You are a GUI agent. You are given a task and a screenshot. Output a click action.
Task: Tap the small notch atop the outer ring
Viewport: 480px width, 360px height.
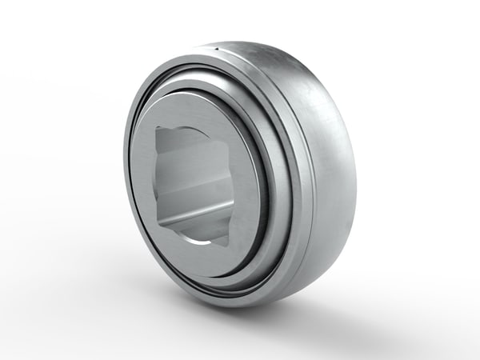pyautogui.click(x=218, y=50)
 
